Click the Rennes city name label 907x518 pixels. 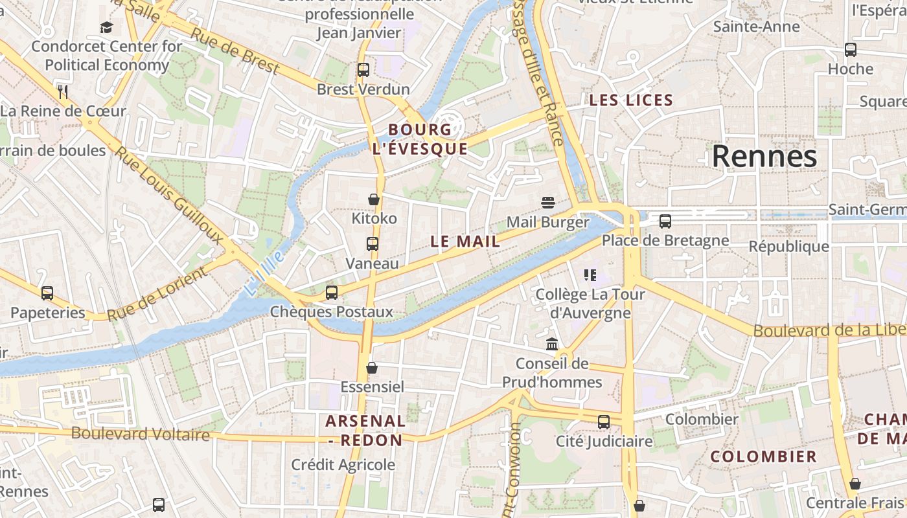(764, 157)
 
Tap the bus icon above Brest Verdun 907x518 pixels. (363, 69)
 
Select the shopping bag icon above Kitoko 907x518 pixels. (374, 199)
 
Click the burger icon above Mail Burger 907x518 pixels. (548, 202)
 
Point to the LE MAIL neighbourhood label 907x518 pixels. (465, 242)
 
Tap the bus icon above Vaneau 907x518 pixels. (372, 244)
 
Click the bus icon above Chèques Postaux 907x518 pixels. (332, 292)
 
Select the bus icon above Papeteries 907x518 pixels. (47, 293)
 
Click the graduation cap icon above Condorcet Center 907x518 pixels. (106, 27)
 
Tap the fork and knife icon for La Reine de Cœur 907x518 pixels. (63, 91)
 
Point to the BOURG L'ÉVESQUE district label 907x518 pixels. (420, 139)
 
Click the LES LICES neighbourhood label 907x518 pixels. (631, 100)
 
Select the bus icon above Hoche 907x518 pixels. (851, 49)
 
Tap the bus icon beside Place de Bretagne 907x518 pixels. (665, 221)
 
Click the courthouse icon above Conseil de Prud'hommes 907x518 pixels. (552, 344)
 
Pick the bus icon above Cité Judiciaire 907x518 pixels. (604, 422)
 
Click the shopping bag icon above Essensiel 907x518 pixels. (372, 368)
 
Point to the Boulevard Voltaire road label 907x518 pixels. (141, 434)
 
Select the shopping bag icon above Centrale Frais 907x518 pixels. (855, 484)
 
